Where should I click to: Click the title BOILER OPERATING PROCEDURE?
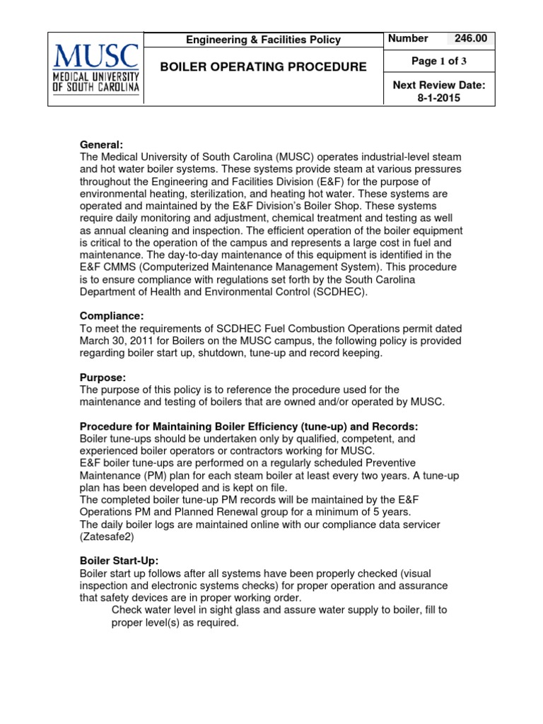click(x=263, y=67)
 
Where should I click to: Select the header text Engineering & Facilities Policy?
click(x=263, y=40)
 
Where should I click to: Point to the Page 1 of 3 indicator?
click(x=438, y=62)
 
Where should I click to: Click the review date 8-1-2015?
click(x=438, y=98)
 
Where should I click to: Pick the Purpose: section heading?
click(x=103, y=378)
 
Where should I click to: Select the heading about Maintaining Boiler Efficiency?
click(x=249, y=426)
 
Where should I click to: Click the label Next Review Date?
click(x=438, y=86)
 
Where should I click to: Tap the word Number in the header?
click(x=407, y=39)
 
